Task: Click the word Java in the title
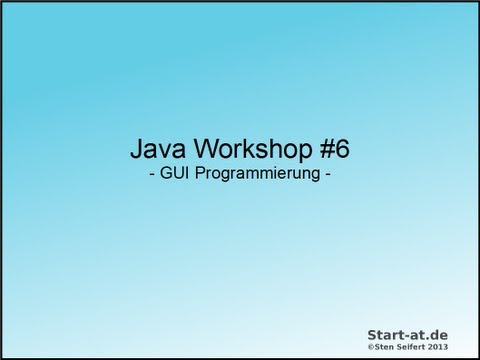pos(158,149)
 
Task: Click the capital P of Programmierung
pos(196,173)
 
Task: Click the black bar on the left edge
pos(3,180)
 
